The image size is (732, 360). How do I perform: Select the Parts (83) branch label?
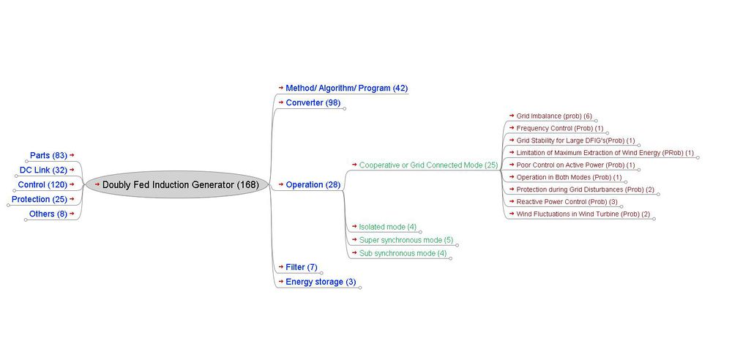pyautogui.click(x=48, y=156)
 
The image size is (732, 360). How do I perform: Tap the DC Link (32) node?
pyautogui.click(x=43, y=170)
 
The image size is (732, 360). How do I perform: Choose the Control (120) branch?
pyautogui.click(x=42, y=185)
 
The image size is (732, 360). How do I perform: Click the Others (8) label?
pyautogui.click(x=48, y=214)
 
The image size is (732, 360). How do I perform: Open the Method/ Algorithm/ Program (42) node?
pyautogui.click(x=346, y=89)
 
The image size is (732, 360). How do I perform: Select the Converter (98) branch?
pyautogui.click(x=313, y=102)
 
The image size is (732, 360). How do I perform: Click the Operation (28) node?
pyautogui.click(x=313, y=185)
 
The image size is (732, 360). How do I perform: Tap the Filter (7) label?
pyautogui.click(x=301, y=268)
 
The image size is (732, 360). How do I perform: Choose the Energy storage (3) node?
pyautogui.click(x=321, y=282)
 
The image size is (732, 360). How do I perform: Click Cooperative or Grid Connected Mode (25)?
pyautogui.click(x=428, y=165)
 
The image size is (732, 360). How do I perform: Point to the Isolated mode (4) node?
pyautogui.click(x=387, y=227)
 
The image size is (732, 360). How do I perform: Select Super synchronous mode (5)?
pyautogui.click(x=406, y=240)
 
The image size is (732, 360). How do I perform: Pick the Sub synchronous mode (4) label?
pyautogui.click(x=403, y=253)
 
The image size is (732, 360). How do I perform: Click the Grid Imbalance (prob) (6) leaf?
pyautogui.click(x=554, y=116)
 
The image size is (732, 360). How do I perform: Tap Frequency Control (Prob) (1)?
pyautogui.click(x=559, y=128)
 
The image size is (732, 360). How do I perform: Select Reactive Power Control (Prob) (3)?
pyautogui.click(x=567, y=202)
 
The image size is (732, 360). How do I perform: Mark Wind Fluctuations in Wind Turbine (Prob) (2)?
pyautogui.click(x=583, y=214)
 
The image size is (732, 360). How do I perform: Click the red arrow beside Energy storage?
pyautogui.click(x=280, y=281)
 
